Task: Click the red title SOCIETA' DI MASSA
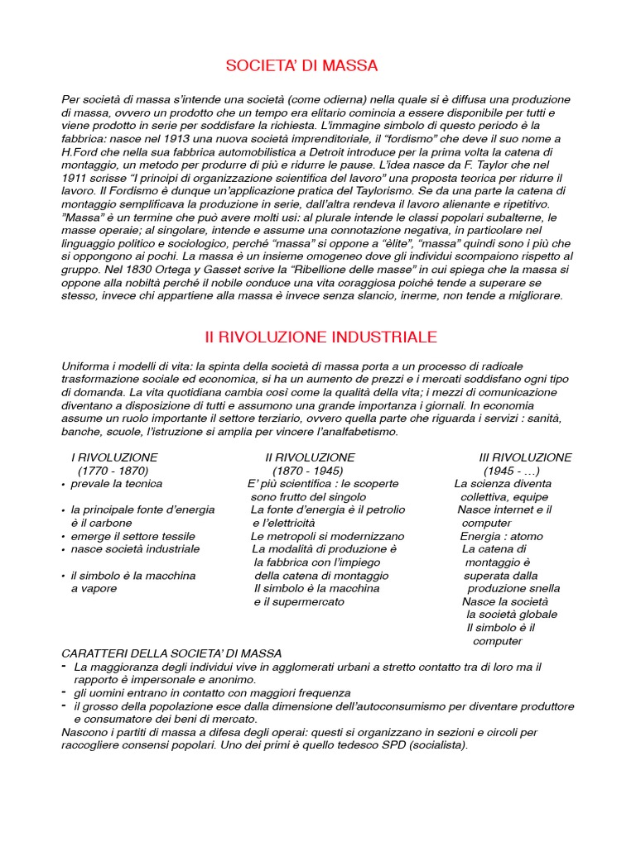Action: tap(301, 65)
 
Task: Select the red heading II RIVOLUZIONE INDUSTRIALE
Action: tap(320, 337)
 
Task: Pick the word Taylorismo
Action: tap(380, 192)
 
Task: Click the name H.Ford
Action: tap(79, 152)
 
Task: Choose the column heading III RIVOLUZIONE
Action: tap(525, 457)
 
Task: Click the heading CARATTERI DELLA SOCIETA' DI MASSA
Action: tap(171, 653)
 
